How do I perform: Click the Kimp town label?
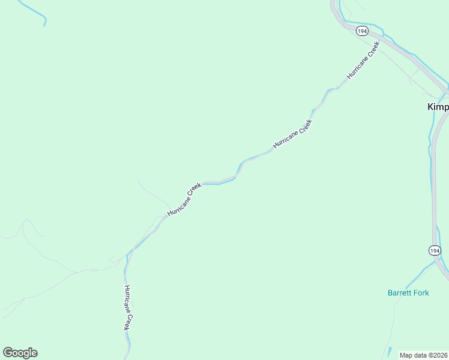click(x=438, y=107)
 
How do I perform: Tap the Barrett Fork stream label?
click(x=408, y=293)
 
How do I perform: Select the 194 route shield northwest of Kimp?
click(x=361, y=31)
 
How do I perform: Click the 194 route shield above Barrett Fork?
click(x=435, y=250)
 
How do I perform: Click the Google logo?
click(x=20, y=353)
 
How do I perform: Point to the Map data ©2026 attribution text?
click(x=424, y=355)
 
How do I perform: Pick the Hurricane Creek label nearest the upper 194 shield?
click(x=364, y=61)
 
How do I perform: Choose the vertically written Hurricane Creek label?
click(x=127, y=307)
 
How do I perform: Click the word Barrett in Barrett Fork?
click(x=400, y=293)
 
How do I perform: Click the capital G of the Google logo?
click(x=8, y=353)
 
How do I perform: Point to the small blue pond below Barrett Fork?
click(x=390, y=350)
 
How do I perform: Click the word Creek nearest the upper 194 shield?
click(x=373, y=49)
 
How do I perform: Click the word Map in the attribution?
click(x=406, y=355)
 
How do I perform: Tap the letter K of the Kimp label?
click(x=430, y=107)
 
